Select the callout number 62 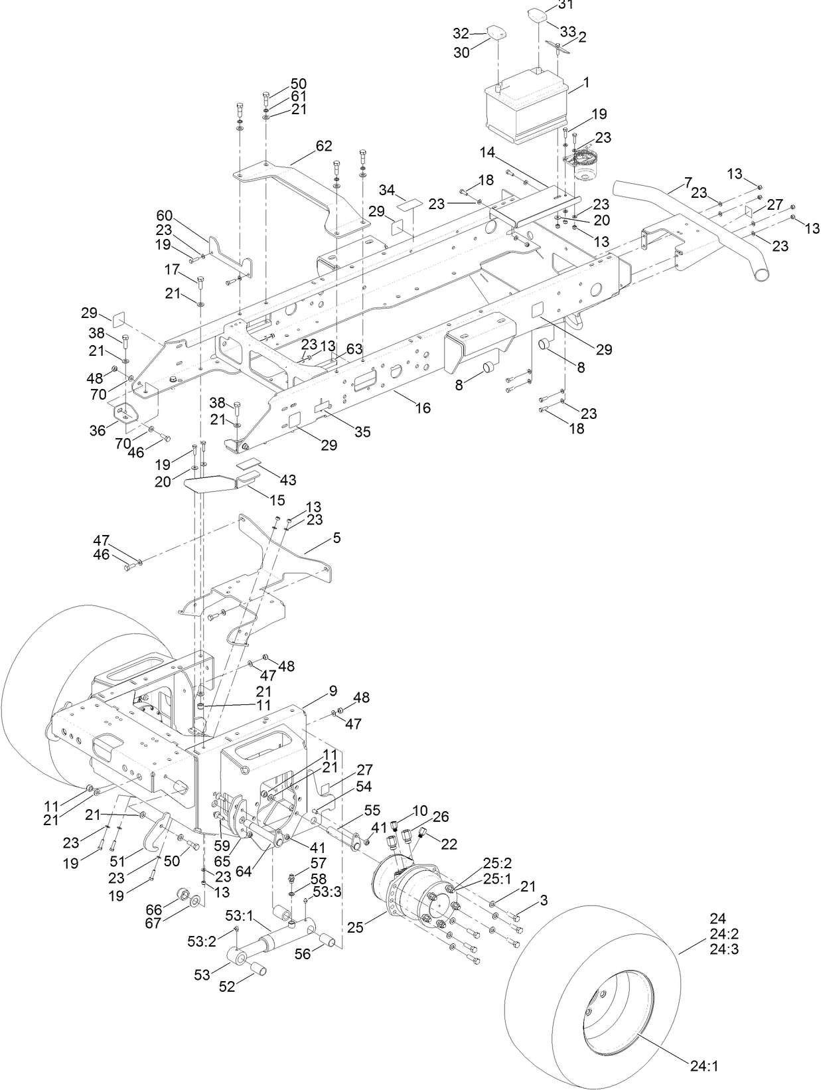(x=324, y=146)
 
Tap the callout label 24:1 (x=704, y=1067)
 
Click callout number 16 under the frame (x=422, y=408)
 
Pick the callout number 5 (x=337, y=538)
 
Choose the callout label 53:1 (x=238, y=916)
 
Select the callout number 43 (x=288, y=479)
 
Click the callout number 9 (x=333, y=691)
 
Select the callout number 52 (x=227, y=986)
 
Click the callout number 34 (x=388, y=191)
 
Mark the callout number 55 (x=372, y=811)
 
